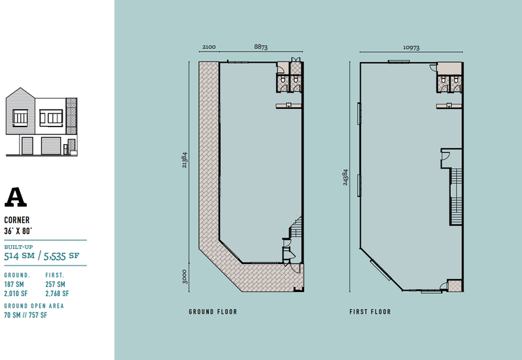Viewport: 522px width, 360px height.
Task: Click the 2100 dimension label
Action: pos(209,47)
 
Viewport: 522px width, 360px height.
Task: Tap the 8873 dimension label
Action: pos(260,47)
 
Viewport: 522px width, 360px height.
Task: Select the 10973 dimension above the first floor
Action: pos(411,48)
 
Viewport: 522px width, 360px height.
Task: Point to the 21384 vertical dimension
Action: pos(185,160)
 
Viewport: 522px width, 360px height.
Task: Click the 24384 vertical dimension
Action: pos(345,177)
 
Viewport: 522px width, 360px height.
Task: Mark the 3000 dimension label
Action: pos(185,277)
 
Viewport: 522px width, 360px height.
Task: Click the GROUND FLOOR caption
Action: pos(213,312)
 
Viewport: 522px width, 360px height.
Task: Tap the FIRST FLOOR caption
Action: pos(370,312)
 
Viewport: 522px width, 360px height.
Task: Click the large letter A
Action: pos(15,197)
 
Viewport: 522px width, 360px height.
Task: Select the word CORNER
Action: pos(17,220)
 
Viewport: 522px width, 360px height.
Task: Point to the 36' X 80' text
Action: pos(18,231)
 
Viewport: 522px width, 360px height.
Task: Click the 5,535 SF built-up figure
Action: pos(61,256)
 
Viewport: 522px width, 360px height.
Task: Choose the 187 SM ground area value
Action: pos(14,284)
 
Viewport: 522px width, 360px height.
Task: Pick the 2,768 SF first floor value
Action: pos(57,293)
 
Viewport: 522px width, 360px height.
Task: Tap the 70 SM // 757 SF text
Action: pos(25,315)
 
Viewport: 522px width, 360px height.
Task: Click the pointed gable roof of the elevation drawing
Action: pos(20,93)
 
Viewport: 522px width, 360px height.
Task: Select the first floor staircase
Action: pos(456,197)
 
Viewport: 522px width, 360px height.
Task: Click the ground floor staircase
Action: pos(296,227)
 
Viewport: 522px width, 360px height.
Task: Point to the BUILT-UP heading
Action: pos(19,247)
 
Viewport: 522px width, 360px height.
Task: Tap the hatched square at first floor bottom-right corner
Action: pos(454,286)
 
